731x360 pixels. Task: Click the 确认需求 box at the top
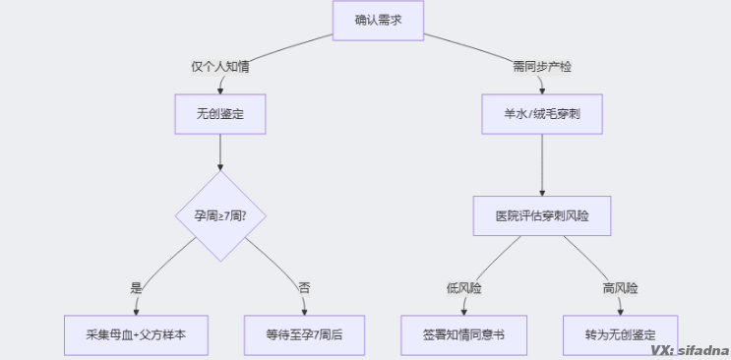tap(377, 20)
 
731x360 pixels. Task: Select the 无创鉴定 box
tap(219, 114)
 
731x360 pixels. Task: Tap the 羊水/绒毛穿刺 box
tap(541, 114)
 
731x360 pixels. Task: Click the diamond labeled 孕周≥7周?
tap(219, 216)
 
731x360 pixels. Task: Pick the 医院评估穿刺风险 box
tap(541, 215)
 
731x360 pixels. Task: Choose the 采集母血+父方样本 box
tap(137, 334)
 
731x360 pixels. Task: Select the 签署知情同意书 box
tap(464, 334)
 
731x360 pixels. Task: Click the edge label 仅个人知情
tap(219, 67)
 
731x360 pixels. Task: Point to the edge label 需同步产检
tap(541, 67)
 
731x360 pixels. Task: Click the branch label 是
tap(137, 288)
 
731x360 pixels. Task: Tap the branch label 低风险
tap(464, 288)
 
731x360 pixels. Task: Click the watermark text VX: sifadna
tap(688, 349)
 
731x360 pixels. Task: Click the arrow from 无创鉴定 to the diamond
tap(219, 152)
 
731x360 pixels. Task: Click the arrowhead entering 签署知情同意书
tap(464, 310)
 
